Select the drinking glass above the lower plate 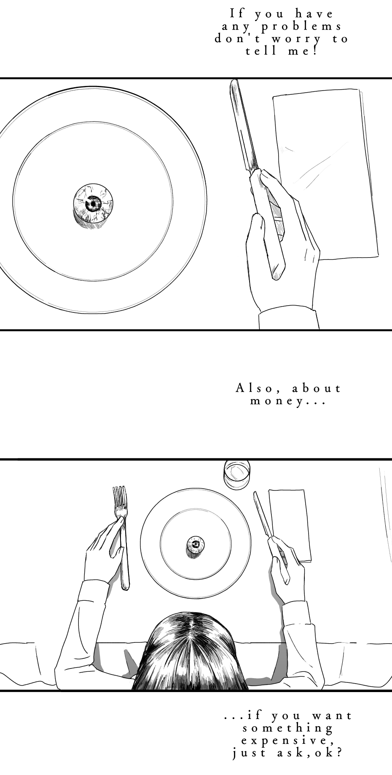coord(237,474)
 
